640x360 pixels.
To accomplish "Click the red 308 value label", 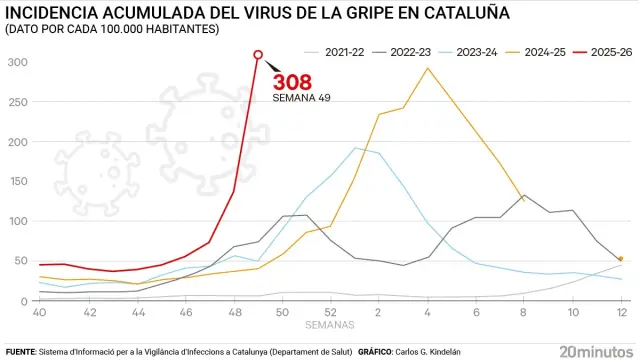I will pyautogui.click(x=292, y=82).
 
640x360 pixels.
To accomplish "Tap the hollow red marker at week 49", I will pyautogui.click(x=259, y=55).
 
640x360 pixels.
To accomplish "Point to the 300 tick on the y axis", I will pyautogui.click(x=18, y=62).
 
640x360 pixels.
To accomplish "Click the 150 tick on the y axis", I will pyautogui.click(x=18, y=181).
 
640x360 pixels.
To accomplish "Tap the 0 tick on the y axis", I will pyautogui.click(x=24, y=300).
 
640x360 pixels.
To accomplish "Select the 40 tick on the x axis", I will pyautogui.click(x=40, y=313).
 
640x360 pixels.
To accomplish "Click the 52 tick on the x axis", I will pyautogui.click(x=330, y=313).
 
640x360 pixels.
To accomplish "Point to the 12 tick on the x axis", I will pyautogui.click(x=620, y=313).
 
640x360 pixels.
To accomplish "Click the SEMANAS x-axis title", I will pyautogui.click(x=330, y=325).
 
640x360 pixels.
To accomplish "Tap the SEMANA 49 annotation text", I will pyautogui.click(x=301, y=99).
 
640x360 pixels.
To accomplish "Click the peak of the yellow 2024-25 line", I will pyautogui.click(x=427, y=68).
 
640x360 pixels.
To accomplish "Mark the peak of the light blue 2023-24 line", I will pyautogui.click(x=355, y=148).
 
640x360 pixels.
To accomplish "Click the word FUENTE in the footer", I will pyautogui.click(x=19, y=352).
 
